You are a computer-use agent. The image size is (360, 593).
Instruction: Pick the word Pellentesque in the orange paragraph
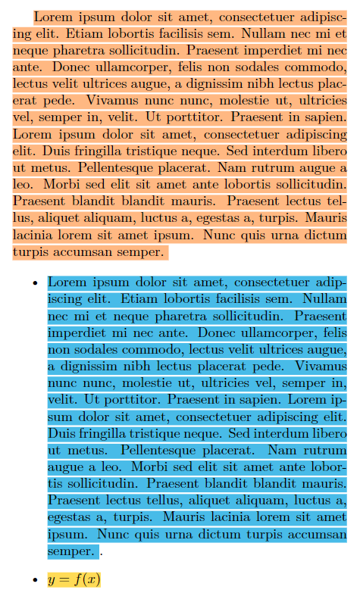pyautogui.click(x=102, y=167)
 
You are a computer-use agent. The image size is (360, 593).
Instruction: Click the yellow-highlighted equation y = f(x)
pyautogui.click(x=74, y=580)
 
